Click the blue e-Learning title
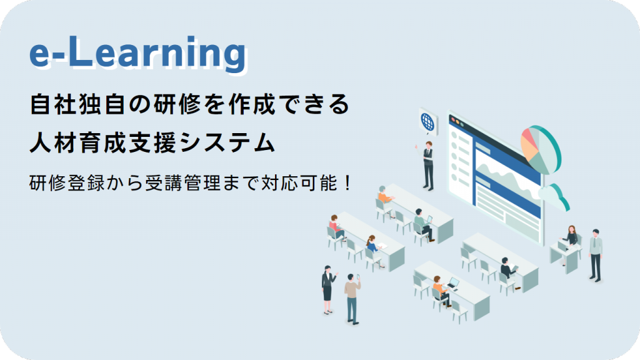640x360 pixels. (x=138, y=53)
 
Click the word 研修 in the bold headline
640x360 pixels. (x=177, y=104)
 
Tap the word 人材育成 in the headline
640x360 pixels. (x=78, y=142)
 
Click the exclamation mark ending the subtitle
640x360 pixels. (x=347, y=183)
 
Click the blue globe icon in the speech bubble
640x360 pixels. (x=427, y=121)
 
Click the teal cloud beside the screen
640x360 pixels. (x=555, y=197)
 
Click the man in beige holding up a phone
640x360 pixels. (x=352, y=299)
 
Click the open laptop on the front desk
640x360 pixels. (x=453, y=283)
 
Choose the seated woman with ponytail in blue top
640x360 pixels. (x=372, y=249)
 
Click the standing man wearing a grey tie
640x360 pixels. (x=596, y=256)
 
